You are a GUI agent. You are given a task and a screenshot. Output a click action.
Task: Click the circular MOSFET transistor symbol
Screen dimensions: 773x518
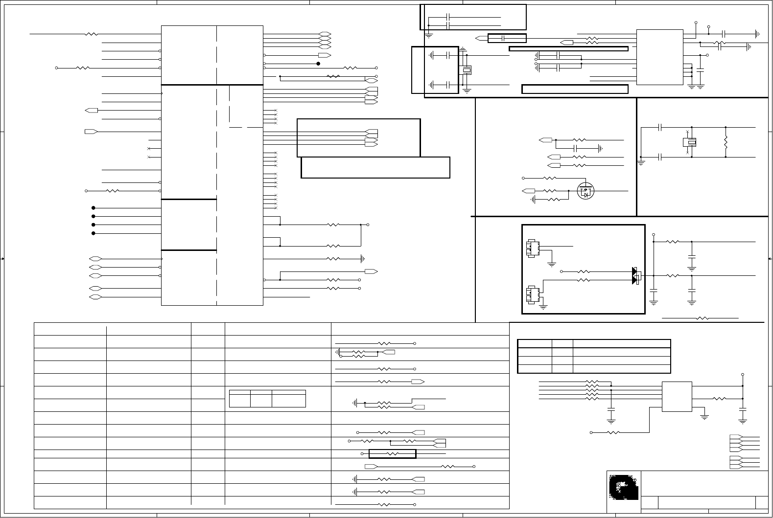coord(586,190)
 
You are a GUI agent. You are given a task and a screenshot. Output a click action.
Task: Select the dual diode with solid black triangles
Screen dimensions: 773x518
coord(636,275)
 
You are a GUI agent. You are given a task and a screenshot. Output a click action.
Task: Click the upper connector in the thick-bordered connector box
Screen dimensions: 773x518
coord(533,248)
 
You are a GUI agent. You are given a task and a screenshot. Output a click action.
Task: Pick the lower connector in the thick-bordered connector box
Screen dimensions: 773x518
coord(533,294)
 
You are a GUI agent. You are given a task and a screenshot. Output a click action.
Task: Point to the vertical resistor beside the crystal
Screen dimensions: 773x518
coord(726,142)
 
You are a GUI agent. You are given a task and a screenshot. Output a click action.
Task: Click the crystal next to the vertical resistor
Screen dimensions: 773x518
coord(690,142)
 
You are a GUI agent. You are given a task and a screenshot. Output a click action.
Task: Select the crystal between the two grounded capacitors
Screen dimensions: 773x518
coord(467,70)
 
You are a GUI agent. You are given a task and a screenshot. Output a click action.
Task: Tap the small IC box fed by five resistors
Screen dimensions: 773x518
coord(677,396)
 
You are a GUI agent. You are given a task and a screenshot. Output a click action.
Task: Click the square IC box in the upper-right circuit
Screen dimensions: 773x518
coord(659,57)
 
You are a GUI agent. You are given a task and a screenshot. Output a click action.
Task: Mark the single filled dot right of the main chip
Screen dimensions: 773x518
coord(318,63)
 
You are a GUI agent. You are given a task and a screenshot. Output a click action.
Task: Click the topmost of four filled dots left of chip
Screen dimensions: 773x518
coord(93,208)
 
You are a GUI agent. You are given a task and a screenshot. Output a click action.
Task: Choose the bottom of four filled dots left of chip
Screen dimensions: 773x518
coord(93,233)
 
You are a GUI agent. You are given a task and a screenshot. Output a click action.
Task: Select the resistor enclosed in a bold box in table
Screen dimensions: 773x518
coord(392,454)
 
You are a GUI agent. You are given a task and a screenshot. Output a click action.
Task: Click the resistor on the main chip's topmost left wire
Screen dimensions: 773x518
coord(92,34)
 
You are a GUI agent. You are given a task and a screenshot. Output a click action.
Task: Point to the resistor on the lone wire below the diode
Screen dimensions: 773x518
coord(703,318)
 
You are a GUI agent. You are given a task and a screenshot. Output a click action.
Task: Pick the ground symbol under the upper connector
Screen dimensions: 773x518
coord(552,265)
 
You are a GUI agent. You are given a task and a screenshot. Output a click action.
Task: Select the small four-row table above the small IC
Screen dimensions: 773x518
coord(594,356)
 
